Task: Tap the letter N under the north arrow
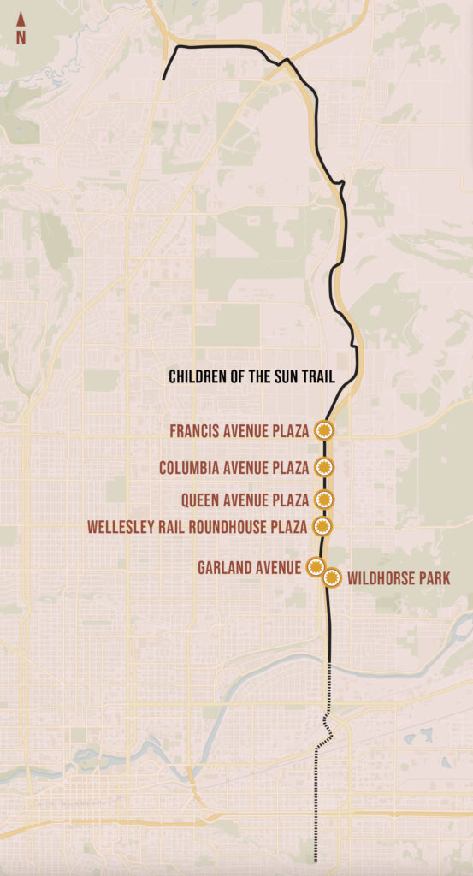(21, 38)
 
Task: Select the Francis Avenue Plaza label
(239, 431)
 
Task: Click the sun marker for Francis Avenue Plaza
(323, 430)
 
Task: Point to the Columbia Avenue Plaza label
(234, 468)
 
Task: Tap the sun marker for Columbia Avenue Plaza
(323, 467)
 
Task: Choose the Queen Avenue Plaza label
(245, 500)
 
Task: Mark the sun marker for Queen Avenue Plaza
(323, 500)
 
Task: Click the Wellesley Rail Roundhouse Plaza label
(198, 526)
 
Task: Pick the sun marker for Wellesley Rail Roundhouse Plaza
(322, 525)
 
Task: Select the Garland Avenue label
(249, 567)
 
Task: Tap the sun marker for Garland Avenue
(315, 566)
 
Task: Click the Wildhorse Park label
(399, 579)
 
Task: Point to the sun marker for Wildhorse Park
(332, 577)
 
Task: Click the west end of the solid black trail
(163, 80)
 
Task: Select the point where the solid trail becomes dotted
(329, 660)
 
